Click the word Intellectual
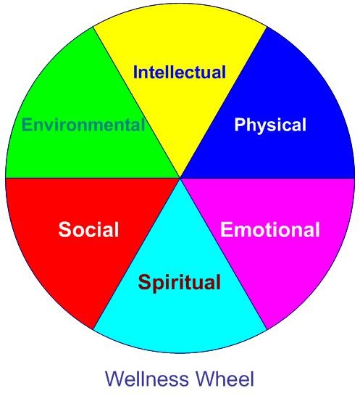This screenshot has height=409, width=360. pyautogui.click(x=180, y=72)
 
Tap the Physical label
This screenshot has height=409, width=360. pyautogui.click(x=270, y=125)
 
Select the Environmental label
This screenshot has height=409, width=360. pyautogui.click(x=83, y=125)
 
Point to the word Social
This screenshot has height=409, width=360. pyautogui.click(x=88, y=229)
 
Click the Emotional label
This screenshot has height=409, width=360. pyautogui.click(x=270, y=229)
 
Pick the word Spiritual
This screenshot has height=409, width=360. pyautogui.click(x=180, y=283)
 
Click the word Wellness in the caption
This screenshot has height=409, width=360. pyautogui.click(x=147, y=379)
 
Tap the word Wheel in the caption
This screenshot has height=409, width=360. pyautogui.click(x=225, y=379)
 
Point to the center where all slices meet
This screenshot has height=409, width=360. pyautogui.click(x=180, y=178)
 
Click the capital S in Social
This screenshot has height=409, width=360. pyautogui.click(x=64, y=229)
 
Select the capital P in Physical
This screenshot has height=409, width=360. pyautogui.click(x=240, y=125)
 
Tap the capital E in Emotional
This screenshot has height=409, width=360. pyautogui.click(x=226, y=229)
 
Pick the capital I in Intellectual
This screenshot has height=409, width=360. pyautogui.click(x=135, y=72)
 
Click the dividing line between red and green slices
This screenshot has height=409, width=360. pyautogui.click(x=93, y=178)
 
